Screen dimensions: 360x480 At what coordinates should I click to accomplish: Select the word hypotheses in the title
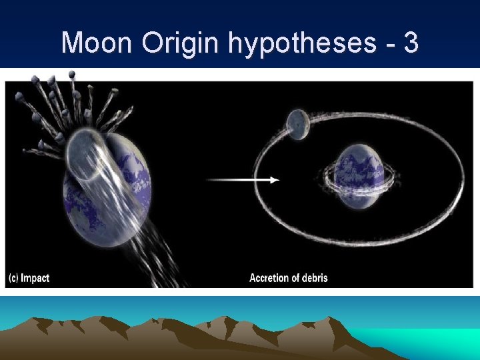point(301,44)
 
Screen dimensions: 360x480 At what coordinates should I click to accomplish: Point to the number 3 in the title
point(411,43)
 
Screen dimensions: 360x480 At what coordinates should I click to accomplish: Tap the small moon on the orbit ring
point(297,125)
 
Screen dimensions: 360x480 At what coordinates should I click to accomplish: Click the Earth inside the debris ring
point(359,170)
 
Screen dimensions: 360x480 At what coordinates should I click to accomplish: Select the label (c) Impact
point(29,278)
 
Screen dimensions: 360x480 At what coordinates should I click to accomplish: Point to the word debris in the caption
point(313,278)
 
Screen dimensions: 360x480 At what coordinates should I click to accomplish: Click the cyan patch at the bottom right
point(427,340)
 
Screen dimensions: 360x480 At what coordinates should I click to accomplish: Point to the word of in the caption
point(295,278)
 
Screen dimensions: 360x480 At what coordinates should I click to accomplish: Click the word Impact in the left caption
point(35,278)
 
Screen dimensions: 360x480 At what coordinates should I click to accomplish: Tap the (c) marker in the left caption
point(13,278)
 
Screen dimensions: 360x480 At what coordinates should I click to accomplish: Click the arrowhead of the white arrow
point(275,179)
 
